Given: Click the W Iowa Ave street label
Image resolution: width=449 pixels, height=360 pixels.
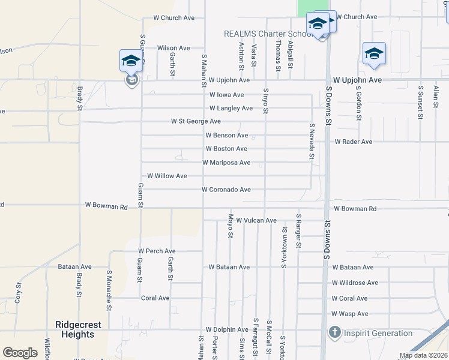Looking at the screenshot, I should (x=227, y=95).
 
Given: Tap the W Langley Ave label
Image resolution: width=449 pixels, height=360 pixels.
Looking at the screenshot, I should (x=231, y=108).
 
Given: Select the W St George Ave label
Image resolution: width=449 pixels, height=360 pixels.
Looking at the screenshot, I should (x=196, y=121).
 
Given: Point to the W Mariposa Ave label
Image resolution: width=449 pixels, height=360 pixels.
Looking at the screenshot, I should (x=226, y=163).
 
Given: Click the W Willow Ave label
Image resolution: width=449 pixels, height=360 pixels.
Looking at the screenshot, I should (x=167, y=176).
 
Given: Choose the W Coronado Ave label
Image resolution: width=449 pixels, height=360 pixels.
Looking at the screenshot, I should (x=226, y=190).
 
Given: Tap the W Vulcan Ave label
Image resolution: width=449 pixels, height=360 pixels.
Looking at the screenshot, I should (x=256, y=221).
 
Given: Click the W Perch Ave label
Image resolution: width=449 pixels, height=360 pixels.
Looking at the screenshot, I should (x=157, y=251).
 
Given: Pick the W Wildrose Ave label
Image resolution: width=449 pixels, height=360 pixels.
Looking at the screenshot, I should (x=355, y=283).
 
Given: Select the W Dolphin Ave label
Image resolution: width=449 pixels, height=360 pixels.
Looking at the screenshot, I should (x=226, y=329).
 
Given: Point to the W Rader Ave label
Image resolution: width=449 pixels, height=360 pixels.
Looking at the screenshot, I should (x=354, y=142).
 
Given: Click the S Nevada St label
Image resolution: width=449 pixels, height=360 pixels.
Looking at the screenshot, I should (x=312, y=142).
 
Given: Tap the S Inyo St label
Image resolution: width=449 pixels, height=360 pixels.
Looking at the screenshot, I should (x=265, y=101).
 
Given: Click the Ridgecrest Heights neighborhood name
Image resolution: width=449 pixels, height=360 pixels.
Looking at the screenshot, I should (x=78, y=329).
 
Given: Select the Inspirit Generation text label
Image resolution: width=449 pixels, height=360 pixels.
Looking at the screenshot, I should (x=378, y=333).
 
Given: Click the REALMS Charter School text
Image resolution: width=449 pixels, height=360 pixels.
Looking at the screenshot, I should (x=268, y=34).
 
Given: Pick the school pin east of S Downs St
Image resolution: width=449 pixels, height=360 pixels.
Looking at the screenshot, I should (x=374, y=53).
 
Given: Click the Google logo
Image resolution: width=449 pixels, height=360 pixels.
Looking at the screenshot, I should (x=20, y=353).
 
